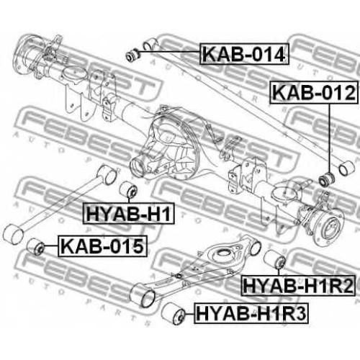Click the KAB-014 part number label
[x=244, y=54]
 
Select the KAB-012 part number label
[x=314, y=93]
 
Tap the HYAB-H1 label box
[x=128, y=214]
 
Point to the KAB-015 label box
[x=102, y=246]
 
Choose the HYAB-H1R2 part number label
[x=298, y=286]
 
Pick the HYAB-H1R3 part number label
[x=251, y=314]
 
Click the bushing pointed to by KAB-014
[x=133, y=55]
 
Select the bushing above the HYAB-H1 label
[x=128, y=189]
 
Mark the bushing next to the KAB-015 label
[x=35, y=246]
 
